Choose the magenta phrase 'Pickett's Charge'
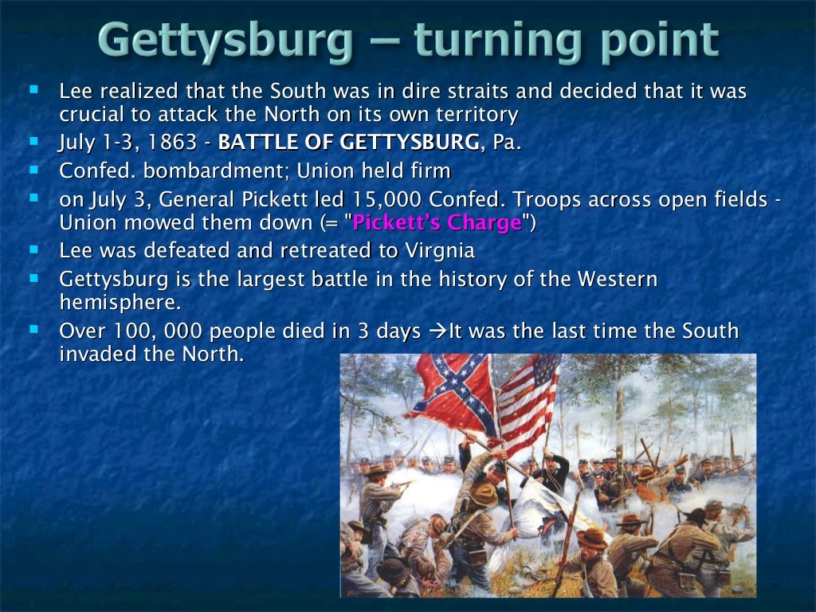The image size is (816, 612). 437,222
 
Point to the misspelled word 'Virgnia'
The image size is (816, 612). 434,250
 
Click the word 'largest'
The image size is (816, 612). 310,279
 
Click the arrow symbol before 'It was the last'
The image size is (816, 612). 437,331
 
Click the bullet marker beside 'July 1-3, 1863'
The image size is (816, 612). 33,141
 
